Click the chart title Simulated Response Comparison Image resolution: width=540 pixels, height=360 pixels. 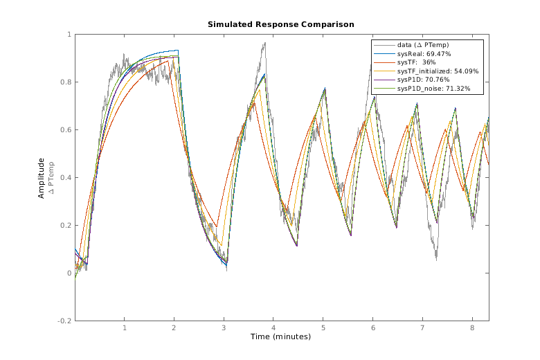(281, 24)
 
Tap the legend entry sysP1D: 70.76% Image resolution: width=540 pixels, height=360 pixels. (424, 80)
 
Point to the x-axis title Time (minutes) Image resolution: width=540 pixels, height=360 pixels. (281, 336)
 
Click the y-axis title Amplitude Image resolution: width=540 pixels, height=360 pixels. (42, 178)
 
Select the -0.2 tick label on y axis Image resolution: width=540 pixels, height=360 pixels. (64, 321)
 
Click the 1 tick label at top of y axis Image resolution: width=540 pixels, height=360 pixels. (69, 35)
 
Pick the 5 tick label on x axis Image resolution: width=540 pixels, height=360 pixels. (323, 328)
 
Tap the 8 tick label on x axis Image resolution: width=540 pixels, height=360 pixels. (472, 328)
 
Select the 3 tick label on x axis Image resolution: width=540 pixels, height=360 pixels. (224, 328)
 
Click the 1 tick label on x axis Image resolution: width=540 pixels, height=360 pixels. (125, 328)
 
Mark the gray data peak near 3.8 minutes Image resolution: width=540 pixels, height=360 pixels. (264, 44)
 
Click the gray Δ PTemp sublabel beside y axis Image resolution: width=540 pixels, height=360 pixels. (50, 178)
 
